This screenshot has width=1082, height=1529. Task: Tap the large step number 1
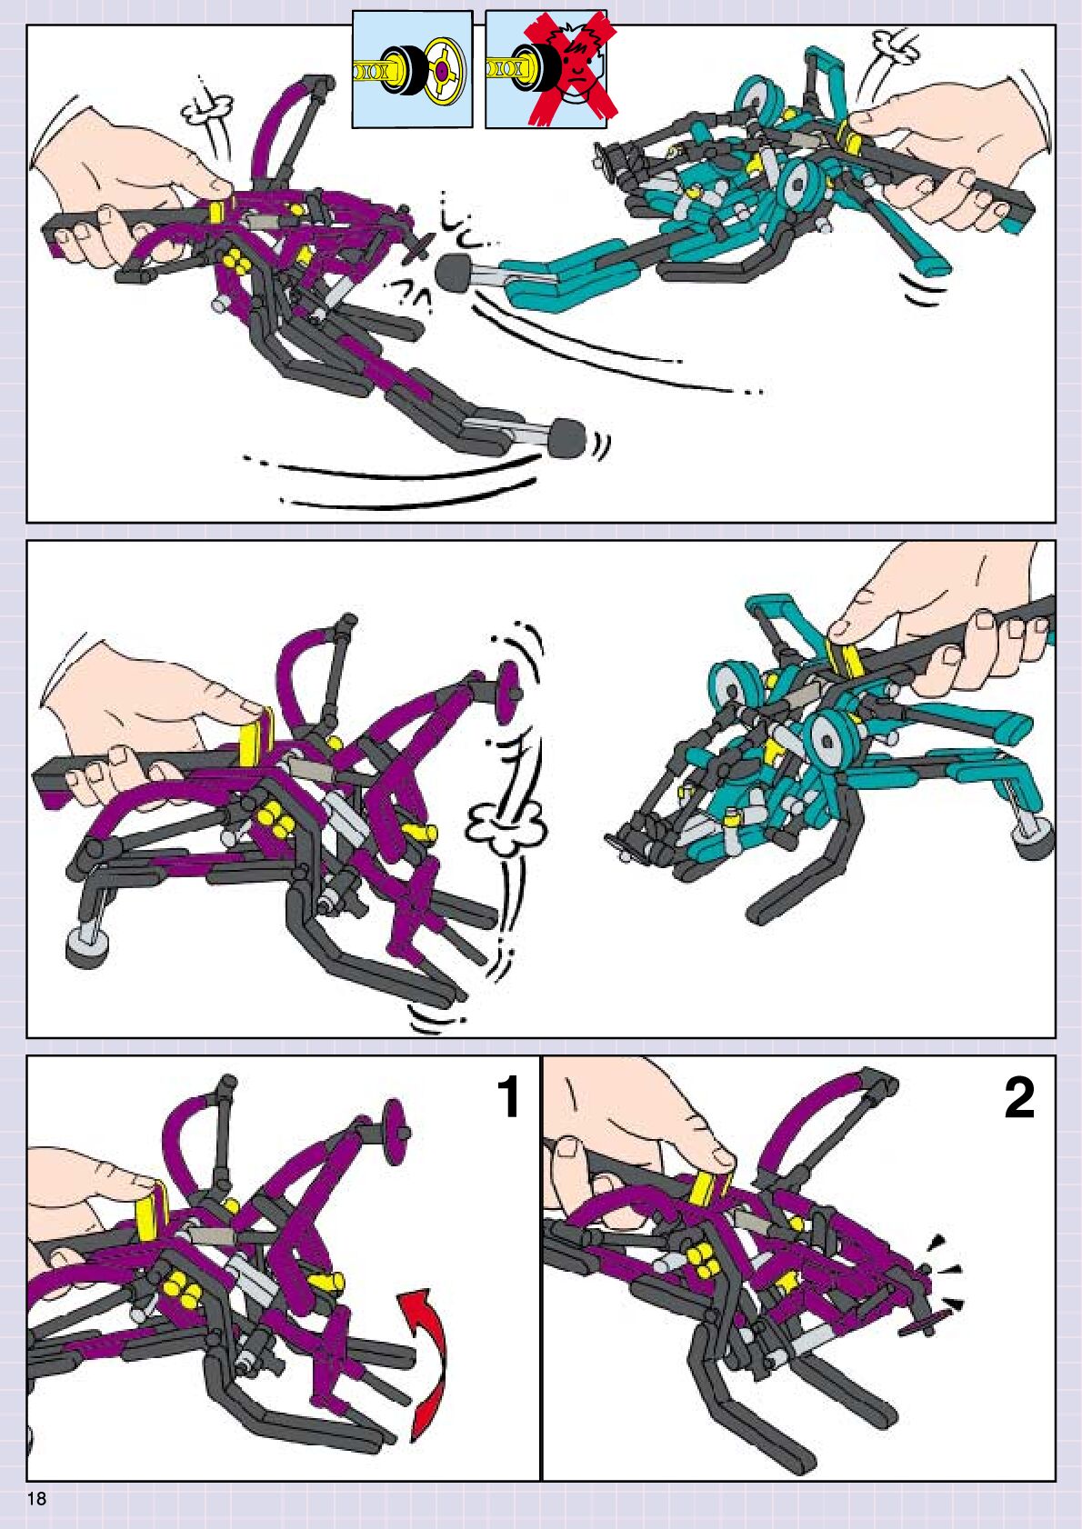508,1097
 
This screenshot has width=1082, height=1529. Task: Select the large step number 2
1019,1097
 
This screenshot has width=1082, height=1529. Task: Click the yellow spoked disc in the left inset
445,70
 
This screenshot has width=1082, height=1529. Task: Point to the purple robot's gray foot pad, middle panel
87,947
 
